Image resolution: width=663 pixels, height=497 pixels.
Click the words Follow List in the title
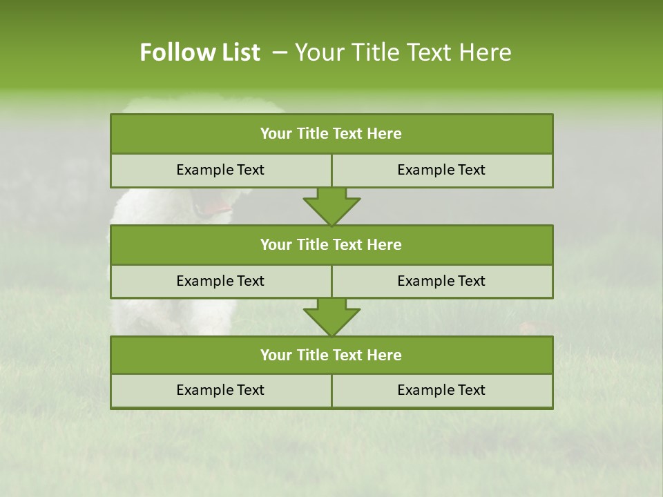pos(200,52)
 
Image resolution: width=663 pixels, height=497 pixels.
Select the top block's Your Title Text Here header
pos(331,134)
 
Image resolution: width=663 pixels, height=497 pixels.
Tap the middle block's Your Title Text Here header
pos(331,244)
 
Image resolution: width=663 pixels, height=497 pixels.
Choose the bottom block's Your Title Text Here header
pos(331,355)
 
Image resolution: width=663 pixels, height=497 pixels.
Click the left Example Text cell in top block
pos(220,170)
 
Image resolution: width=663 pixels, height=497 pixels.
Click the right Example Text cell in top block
pos(441,170)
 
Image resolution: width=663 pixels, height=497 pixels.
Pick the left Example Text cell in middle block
pos(220,281)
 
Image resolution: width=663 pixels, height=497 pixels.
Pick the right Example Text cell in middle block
pos(441,281)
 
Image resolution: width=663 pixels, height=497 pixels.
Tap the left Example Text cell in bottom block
pos(220,390)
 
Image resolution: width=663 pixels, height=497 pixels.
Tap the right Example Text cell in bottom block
pos(441,390)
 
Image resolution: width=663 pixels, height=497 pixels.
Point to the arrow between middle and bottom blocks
pos(331,317)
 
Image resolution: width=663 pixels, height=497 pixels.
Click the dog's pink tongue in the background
pos(220,206)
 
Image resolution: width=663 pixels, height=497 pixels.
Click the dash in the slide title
pos(280,52)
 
